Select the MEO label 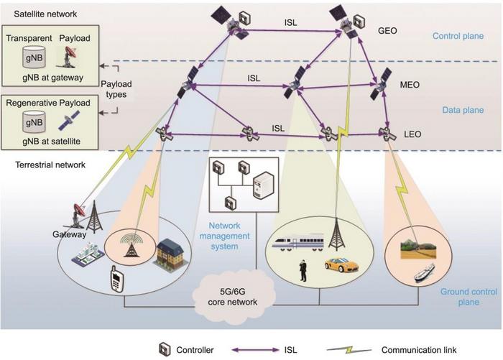point(410,85)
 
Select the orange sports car point(341,264)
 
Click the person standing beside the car point(303,269)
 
